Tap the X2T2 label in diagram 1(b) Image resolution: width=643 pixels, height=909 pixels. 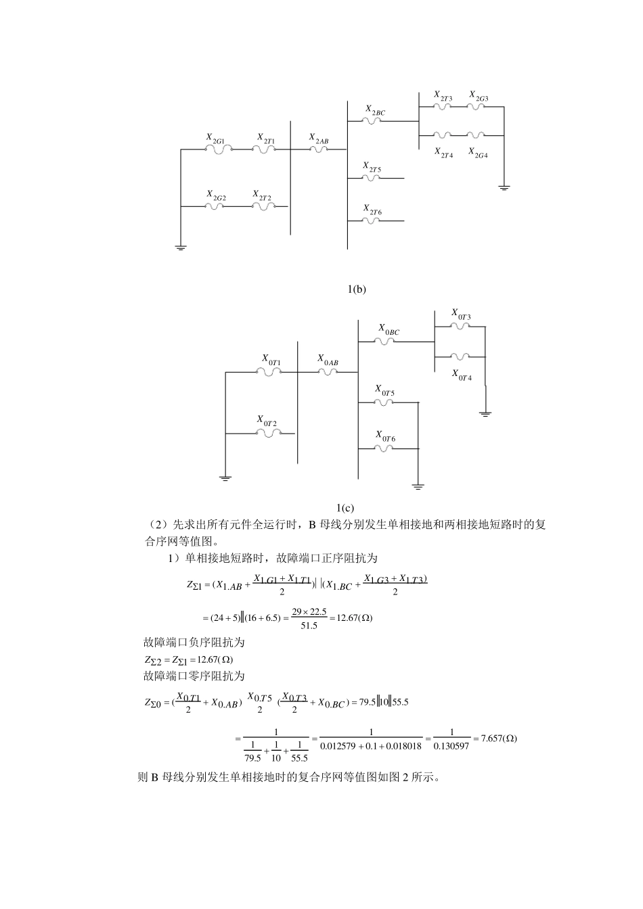(262, 195)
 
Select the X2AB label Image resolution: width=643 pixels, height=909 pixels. (319, 139)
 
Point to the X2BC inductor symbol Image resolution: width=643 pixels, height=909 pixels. (372, 120)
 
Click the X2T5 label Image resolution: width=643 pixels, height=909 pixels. (372, 166)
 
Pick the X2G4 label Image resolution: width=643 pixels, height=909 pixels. (478, 153)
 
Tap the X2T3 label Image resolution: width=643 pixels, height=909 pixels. (443, 96)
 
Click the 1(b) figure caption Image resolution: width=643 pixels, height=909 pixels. (357, 289)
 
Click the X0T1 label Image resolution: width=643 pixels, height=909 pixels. (271, 360)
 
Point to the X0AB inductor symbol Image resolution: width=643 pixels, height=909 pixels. (327, 371)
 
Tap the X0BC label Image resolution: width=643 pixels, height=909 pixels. (389, 330)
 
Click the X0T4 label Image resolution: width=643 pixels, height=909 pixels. (462, 375)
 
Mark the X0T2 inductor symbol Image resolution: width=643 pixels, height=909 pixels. (267, 434)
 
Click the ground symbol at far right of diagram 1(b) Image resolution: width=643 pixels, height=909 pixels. (504, 187)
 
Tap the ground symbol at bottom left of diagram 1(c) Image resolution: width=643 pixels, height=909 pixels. (225, 478)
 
